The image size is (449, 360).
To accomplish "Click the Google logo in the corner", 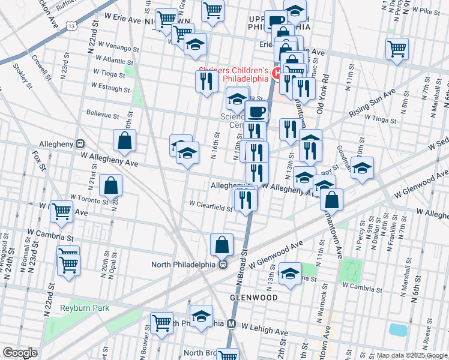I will coord(19,353).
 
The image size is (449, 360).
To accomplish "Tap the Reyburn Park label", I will coord(85,308).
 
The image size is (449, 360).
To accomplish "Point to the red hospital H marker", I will coord(277,74).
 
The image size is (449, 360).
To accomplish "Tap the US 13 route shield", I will coord(72,26).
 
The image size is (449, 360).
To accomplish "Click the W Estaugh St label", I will coord(109,89).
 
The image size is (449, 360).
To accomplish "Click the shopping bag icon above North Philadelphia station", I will coord(221,244).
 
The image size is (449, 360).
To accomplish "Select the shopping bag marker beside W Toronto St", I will coord(112,185).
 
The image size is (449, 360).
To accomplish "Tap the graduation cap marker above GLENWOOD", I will coord(290,274).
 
